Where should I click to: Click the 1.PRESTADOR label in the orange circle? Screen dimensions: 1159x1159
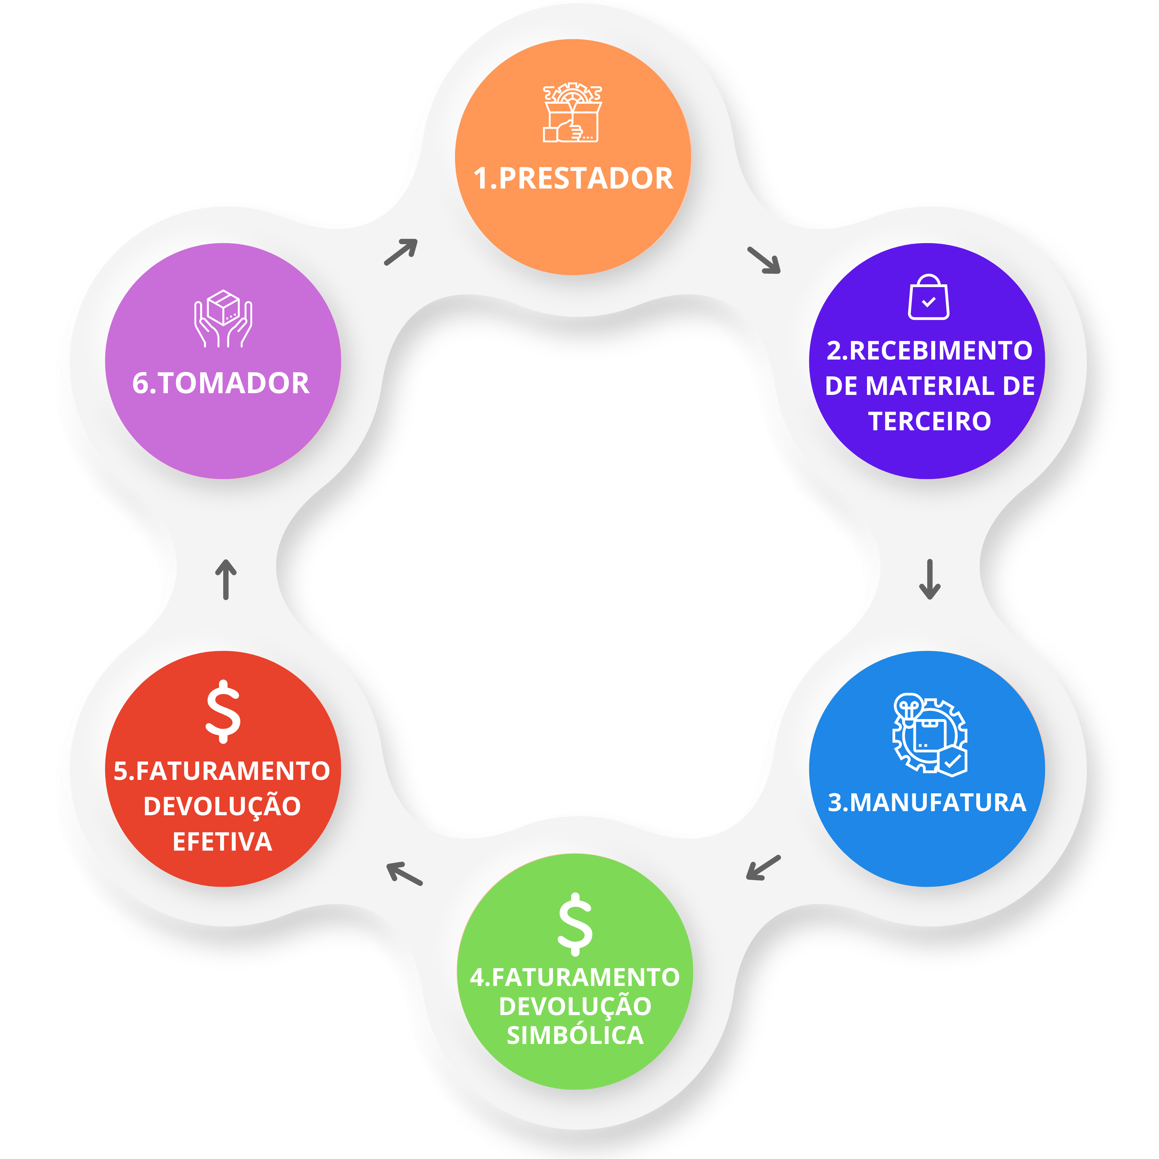tap(573, 179)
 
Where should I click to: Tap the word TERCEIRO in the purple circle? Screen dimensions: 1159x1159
tap(929, 421)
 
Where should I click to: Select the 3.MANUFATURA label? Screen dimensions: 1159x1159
tap(927, 803)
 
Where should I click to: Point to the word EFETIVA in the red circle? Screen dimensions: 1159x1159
tap(223, 842)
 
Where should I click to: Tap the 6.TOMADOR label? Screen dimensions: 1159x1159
tap(221, 383)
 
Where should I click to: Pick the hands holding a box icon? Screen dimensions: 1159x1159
tap(223, 319)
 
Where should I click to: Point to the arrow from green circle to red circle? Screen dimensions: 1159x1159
tap(404, 873)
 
